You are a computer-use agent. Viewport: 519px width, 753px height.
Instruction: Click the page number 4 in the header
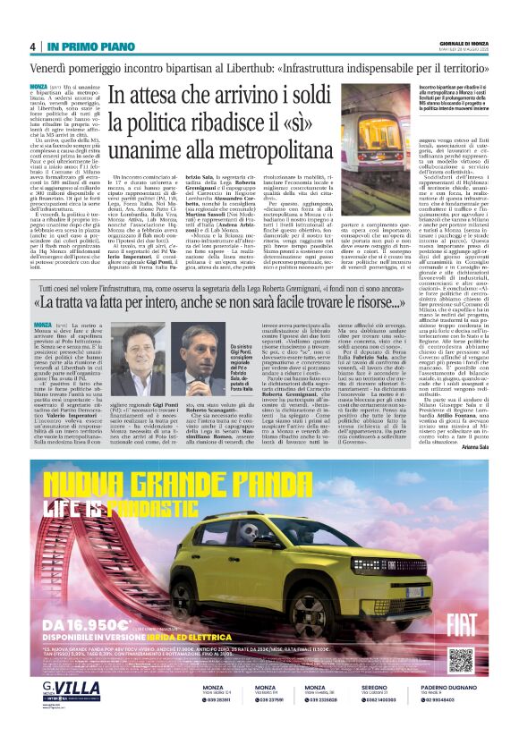pos(33,47)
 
